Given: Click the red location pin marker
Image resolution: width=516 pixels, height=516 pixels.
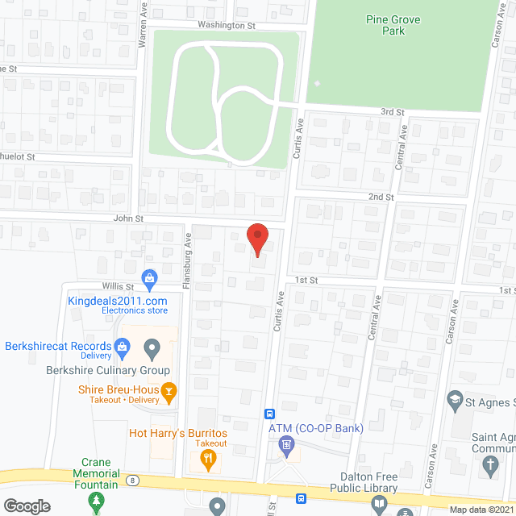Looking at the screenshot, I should point(256,238).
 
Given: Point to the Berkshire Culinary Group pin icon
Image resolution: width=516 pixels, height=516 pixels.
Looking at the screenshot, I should point(152,349).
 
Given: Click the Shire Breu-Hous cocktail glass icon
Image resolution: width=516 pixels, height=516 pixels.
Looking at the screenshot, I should point(169,393).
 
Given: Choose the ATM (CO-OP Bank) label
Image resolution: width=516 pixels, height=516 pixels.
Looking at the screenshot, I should point(315,427).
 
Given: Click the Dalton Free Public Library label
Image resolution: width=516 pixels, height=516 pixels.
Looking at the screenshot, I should point(364,482).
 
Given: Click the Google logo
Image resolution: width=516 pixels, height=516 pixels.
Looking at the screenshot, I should point(26,506).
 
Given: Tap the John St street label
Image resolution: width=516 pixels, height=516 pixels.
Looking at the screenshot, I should point(127,218).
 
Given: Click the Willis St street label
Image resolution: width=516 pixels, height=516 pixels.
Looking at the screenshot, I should point(118,285).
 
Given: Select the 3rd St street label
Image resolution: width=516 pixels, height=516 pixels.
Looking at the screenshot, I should point(392,111).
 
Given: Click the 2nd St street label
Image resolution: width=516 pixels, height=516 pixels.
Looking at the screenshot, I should point(381,197).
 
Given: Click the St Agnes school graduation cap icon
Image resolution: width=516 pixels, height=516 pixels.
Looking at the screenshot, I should point(455,399).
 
